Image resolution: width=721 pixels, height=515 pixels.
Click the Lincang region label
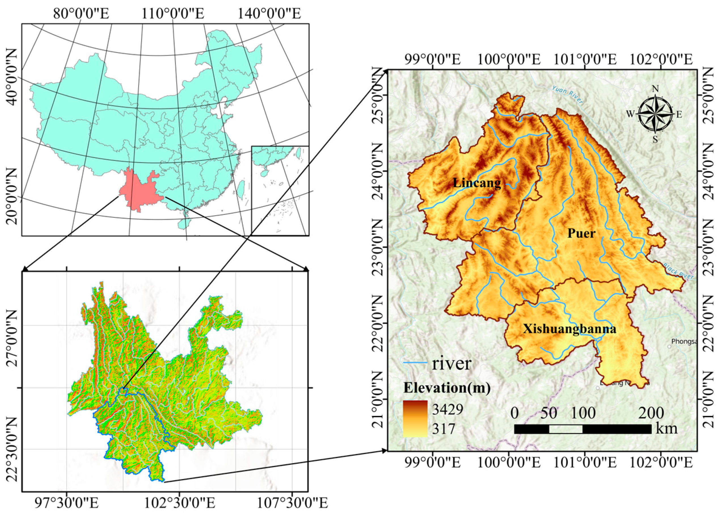[477, 183]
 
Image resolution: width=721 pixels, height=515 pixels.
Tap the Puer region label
[581, 234]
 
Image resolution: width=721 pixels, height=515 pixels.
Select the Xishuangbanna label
[569, 329]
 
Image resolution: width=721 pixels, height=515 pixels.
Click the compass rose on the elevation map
[655, 114]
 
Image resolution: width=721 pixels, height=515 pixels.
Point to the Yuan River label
[567, 94]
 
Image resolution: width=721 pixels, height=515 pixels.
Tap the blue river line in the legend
[415, 362]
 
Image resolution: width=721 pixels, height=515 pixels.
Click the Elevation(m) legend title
[447, 388]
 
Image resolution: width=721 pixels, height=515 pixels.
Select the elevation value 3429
[448, 409]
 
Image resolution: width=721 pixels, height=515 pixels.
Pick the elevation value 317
[444, 429]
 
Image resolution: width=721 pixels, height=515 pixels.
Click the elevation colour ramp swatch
[415, 419]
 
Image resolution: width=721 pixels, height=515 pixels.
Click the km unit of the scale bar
[667, 429]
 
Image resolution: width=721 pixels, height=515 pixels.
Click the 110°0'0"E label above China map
[173, 14]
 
